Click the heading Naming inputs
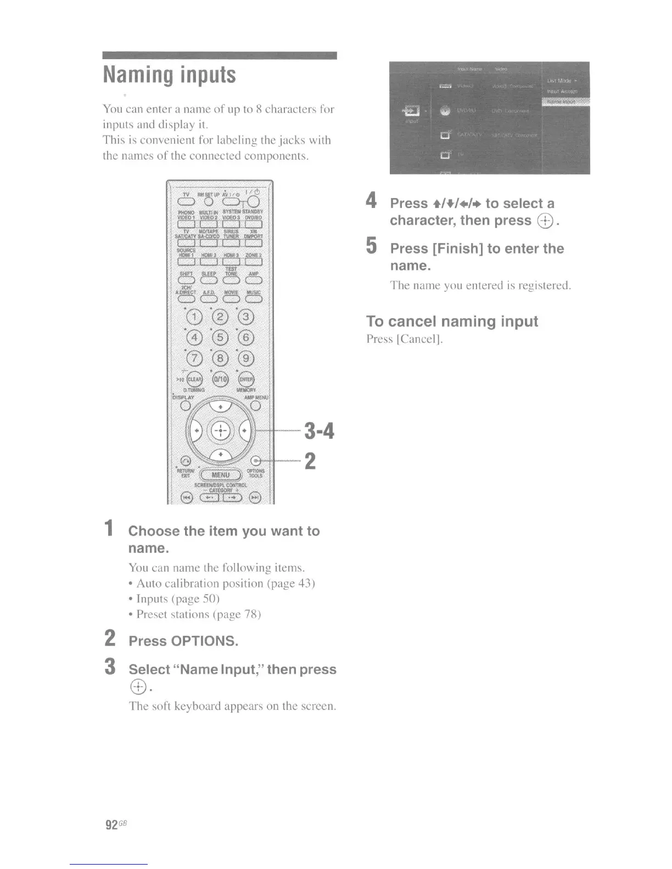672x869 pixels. click(x=170, y=75)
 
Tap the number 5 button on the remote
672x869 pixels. click(x=220, y=337)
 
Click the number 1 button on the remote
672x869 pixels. click(x=194, y=317)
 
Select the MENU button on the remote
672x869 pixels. click(x=221, y=475)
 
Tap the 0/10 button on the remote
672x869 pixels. click(x=220, y=379)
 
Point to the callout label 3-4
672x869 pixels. click(x=319, y=431)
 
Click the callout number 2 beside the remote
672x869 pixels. click(x=310, y=461)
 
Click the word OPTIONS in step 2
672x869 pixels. click(x=204, y=641)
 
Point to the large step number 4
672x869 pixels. click(x=372, y=200)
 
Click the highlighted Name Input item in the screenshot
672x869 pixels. click(x=565, y=101)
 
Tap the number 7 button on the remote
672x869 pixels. click(x=194, y=358)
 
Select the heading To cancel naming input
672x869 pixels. click(x=452, y=321)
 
